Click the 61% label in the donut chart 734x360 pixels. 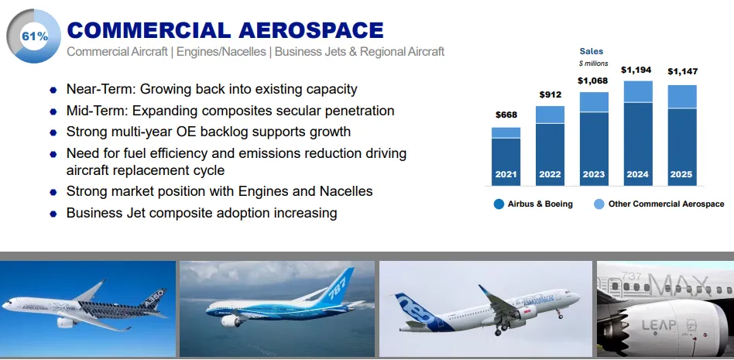(x=34, y=36)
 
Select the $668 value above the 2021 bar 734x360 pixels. (x=506, y=115)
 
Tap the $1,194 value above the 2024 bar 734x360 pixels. (x=636, y=70)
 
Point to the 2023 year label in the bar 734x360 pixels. (x=594, y=174)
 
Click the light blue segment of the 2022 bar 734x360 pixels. (x=550, y=115)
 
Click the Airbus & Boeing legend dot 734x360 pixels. (x=499, y=204)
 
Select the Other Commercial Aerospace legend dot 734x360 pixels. (x=599, y=204)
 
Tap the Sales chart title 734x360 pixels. (x=592, y=52)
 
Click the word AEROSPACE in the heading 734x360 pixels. (x=310, y=30)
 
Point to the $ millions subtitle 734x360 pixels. (x=593, y=63)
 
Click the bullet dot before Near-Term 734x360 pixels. (x=53, y=90)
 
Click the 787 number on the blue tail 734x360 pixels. (x=339, y=286)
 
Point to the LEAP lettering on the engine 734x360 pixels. (x=659, y=325)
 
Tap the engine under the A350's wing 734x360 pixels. (x=67, y=322)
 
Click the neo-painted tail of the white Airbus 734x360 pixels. (x=415, y=312)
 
